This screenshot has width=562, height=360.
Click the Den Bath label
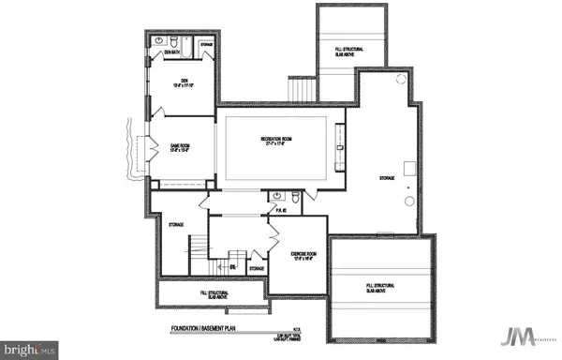pyautogui.click(x=171, y=53)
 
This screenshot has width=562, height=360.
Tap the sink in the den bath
pyautogui.click(x=159, y=41)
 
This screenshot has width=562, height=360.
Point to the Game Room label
pyautogui.click(x=180, y=147)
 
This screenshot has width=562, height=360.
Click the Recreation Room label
pyautogui.click(x=272, y=142)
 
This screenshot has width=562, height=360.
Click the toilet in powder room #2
pyautogui.click(x=296, y=198)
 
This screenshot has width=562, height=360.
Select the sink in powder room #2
pyautogui.click(x=276, y=196)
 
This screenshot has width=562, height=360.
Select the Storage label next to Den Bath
pyautogui.click(x=206, y=44)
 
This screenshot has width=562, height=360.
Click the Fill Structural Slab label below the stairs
pyautogui.click(x=210, y=294)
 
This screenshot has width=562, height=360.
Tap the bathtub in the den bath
pyautogui.click(x=186, y=45)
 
